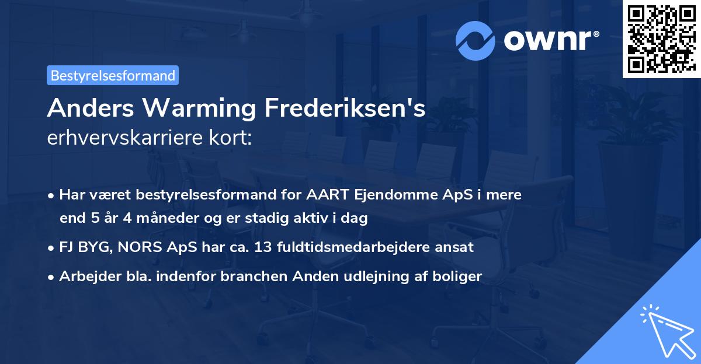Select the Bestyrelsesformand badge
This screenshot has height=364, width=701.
pyautogui.click(x=113, y=75)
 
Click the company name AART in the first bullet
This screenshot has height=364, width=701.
pyautogui.click(x=328, y=195)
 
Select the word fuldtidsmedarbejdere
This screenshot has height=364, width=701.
pyautogui.click(x=358, y=247)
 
